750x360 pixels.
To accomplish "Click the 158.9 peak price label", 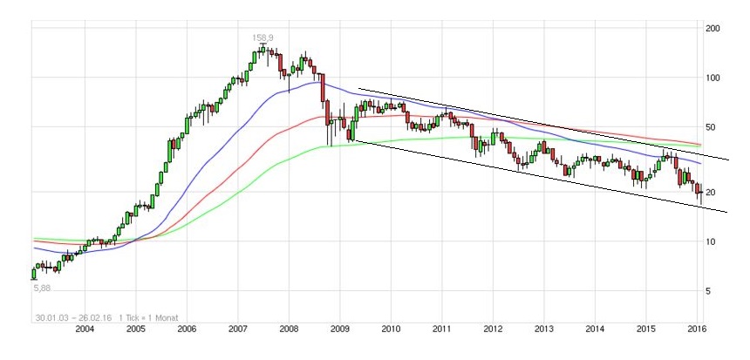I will tap(263, 37).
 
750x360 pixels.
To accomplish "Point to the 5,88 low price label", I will tap(42, 288).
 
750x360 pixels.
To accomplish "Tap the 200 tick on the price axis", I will tap(713, 29).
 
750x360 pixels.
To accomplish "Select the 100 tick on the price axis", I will tap(713, 78).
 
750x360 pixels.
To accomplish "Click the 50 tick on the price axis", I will tap(711, 127).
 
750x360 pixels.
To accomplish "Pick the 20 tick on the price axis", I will tap(711, 193).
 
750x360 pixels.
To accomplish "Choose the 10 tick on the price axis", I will tap(711, 241).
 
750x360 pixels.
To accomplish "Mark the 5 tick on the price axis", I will tap(708, 291).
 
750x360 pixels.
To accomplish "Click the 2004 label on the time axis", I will tap(85, 329).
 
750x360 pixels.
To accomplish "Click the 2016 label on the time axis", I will tap(697, 329).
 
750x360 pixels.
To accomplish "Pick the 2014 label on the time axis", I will tap(595, 329).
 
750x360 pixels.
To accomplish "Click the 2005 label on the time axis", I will tap(135, 329).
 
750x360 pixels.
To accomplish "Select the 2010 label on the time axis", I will tap(391, 329).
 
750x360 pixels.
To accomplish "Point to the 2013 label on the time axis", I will tap(544, 329).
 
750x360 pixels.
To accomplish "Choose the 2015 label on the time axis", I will tap(646, 329).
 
